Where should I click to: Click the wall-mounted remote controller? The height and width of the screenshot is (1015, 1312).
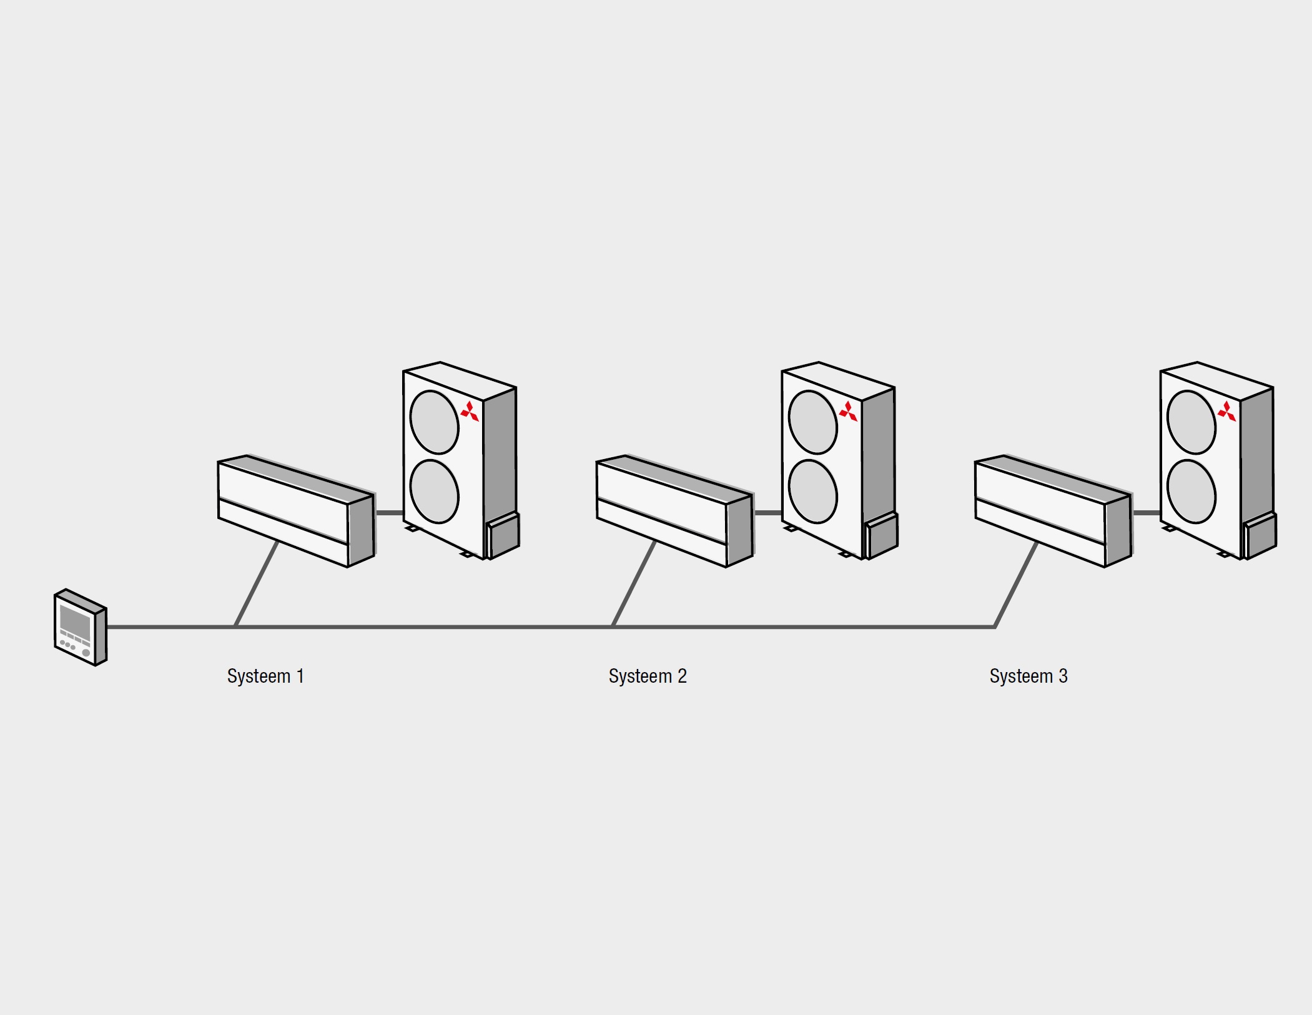pyautogui.click(x=81, y=627)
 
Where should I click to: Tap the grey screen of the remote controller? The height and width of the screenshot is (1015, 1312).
pyautogui.click(x=76, y=621)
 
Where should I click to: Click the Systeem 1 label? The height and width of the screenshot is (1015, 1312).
pyautogui.click(x=265, y=676)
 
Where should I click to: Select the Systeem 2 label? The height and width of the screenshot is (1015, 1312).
pyautogui.click(x=648, y=676)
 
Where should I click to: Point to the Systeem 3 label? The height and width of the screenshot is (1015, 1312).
pyautogui.click(x=1028, y=676)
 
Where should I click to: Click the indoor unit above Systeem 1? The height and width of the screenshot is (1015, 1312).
pyautogui.click(x=296, y=511)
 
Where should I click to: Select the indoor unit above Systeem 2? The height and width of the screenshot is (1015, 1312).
pyautogui.click(x=675, y=511)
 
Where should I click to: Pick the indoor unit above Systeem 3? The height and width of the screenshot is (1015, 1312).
pyautogui.click(x=1053, y=511)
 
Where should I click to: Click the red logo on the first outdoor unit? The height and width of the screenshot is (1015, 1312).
pyautogui.click(x=470, y=412)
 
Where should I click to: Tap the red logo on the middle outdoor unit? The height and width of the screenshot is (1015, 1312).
pyautogui.click(x=848, y=412)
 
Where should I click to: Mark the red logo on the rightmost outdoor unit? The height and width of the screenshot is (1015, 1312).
pyautogui.click(x=1227, y=412)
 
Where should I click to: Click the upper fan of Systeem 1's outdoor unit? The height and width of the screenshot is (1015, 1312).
pyautogui.click(x=435, y=422)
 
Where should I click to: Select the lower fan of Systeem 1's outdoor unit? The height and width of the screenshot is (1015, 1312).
pyautogui.click(x=435, y=492)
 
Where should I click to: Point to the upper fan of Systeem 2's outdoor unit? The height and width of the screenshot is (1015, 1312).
pyautogui.click(x=813, y=422)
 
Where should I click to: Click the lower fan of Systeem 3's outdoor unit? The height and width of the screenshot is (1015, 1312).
pyautogui.click(x=1191, y=492)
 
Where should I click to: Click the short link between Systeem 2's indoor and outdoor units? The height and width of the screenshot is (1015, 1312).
pyautogui.click(x=768, y=513)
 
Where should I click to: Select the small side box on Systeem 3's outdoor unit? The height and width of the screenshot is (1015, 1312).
pyautogui.click(x=1259, y=535)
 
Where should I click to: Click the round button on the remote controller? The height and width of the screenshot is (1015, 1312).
pyautogui.click(x=86, y=653)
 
